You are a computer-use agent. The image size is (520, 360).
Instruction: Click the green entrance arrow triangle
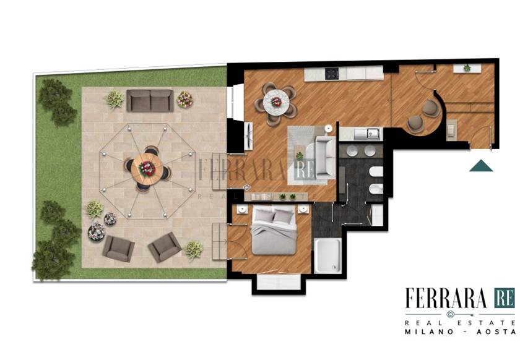481,166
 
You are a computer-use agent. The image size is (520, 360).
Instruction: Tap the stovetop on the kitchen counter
332,73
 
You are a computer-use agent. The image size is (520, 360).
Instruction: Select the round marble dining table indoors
276,102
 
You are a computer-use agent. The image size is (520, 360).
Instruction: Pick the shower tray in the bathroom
327,255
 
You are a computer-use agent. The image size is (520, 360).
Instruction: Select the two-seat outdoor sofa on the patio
150,100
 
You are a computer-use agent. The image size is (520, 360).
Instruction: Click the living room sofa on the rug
325,158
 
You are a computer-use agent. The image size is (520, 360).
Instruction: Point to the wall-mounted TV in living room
248,136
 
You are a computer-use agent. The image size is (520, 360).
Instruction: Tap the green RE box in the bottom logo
504,298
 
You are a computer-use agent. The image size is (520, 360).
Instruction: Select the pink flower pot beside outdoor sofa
184,99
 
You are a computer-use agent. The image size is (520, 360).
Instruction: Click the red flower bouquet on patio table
147,168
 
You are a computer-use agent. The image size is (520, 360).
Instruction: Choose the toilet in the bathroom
376,172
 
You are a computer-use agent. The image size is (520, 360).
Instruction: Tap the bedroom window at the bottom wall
279,281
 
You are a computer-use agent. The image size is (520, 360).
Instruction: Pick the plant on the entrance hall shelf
467,68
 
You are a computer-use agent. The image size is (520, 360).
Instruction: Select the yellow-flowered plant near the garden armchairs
194,250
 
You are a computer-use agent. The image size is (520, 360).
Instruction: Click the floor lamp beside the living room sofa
328,128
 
